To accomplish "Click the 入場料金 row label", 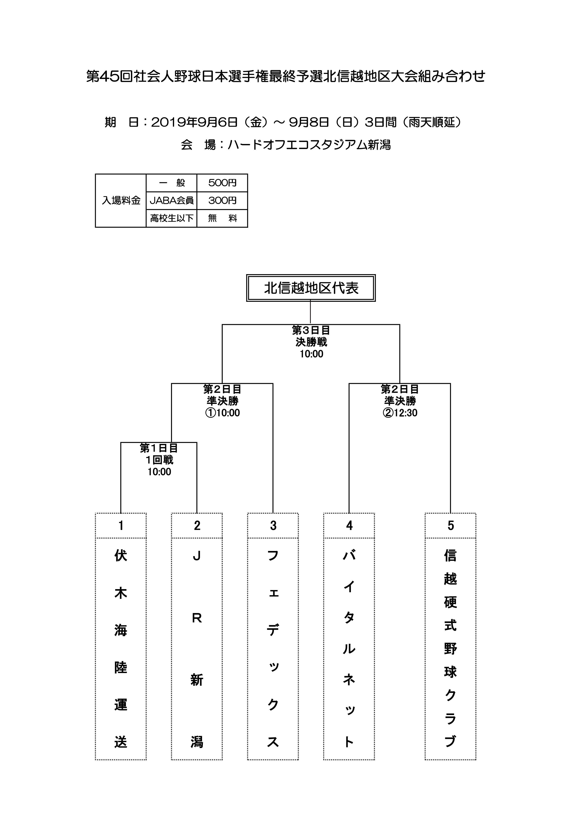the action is coord(121,201).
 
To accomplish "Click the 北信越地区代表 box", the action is coord(311,288).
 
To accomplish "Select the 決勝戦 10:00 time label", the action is coord(311,354).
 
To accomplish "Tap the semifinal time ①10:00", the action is coord(222,413).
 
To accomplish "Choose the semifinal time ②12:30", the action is coord(400,413).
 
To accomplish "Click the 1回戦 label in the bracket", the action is coord(159,460).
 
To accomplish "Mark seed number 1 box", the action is coord(121,525).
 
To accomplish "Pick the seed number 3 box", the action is coord(273,525).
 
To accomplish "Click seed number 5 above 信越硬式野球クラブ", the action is coord(451,525).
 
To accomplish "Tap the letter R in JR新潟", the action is coord(197,618).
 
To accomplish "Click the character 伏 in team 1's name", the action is coord(121,556).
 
